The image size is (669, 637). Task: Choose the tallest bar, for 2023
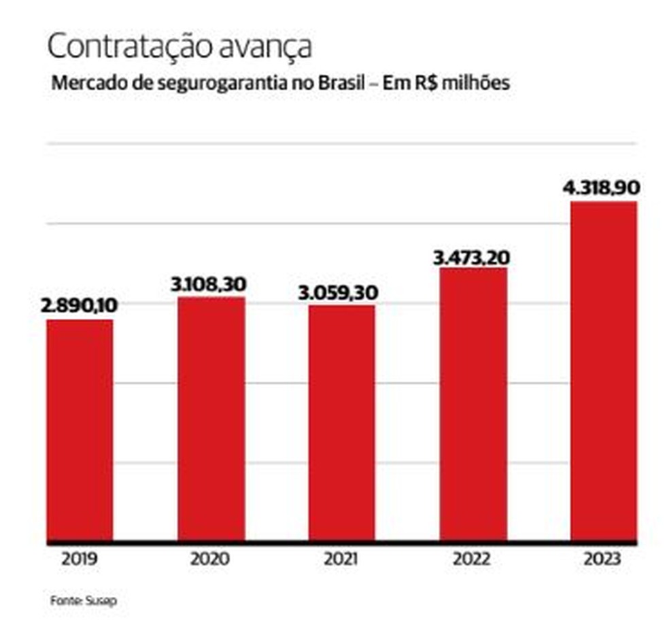tap(603, 372)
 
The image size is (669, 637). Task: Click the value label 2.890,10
tap(80, 305)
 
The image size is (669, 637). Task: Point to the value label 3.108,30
tap(208, 283)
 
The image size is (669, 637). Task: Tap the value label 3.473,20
tap(472, 257)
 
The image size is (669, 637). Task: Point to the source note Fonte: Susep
tap(79, 602)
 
